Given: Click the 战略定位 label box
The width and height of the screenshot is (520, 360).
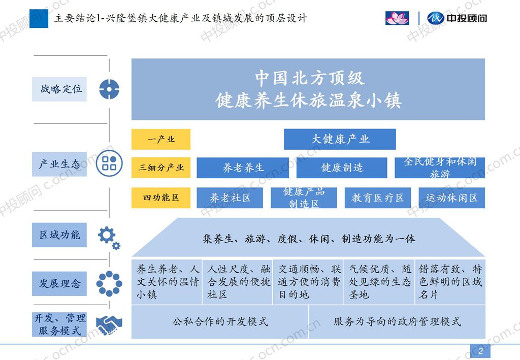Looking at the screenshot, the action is pyautogui.click(x=59, y=89).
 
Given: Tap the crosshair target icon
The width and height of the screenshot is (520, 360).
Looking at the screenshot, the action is pyautogui.click(x=109, y=89).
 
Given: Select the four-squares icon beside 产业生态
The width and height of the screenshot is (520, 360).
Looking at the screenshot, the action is pyautogui.click(x=109, y=163).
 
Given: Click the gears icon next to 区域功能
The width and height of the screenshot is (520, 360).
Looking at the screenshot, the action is pyautogui.click(x=109, y=238).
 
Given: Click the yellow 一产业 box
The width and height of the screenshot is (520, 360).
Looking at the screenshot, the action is pyautogui.click(x=161, y=139).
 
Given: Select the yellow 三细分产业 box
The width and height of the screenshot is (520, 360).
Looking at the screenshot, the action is pyautogui.click(x=161, y=168).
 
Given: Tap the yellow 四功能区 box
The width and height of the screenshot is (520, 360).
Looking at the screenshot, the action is pyautogui.click(x=161, y=198).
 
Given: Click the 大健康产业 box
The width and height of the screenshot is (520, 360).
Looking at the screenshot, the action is pyautogui.click(x=340, y=139).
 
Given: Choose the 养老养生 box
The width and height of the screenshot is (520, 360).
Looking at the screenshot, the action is pyautogui.click(x=243, y=168).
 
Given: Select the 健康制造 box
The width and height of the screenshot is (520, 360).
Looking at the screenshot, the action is pyautogui.click(x=342, y=168).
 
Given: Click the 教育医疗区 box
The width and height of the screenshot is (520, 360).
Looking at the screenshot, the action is pyautogui.click(x=378, y=198).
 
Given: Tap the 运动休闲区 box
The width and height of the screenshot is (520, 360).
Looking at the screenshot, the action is pyautogui.click(x=451, y=198).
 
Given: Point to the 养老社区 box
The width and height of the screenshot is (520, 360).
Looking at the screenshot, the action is pyautogui.click(x=230, y=198).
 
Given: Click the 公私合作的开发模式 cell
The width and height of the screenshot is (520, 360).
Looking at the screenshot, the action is pyautogui.click(x=219, y=321).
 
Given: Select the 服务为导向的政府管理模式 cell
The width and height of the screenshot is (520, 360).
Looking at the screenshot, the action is pyautogui.click(x=397, y=321).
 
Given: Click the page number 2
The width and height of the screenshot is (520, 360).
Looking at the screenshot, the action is pyautogui.click(x=480, y=351).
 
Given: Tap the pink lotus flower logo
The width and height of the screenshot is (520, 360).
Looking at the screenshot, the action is pyautogui.click(x=397, y=18).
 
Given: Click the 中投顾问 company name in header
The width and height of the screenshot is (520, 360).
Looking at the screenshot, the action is pyautogui.click(x=467, y=18).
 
